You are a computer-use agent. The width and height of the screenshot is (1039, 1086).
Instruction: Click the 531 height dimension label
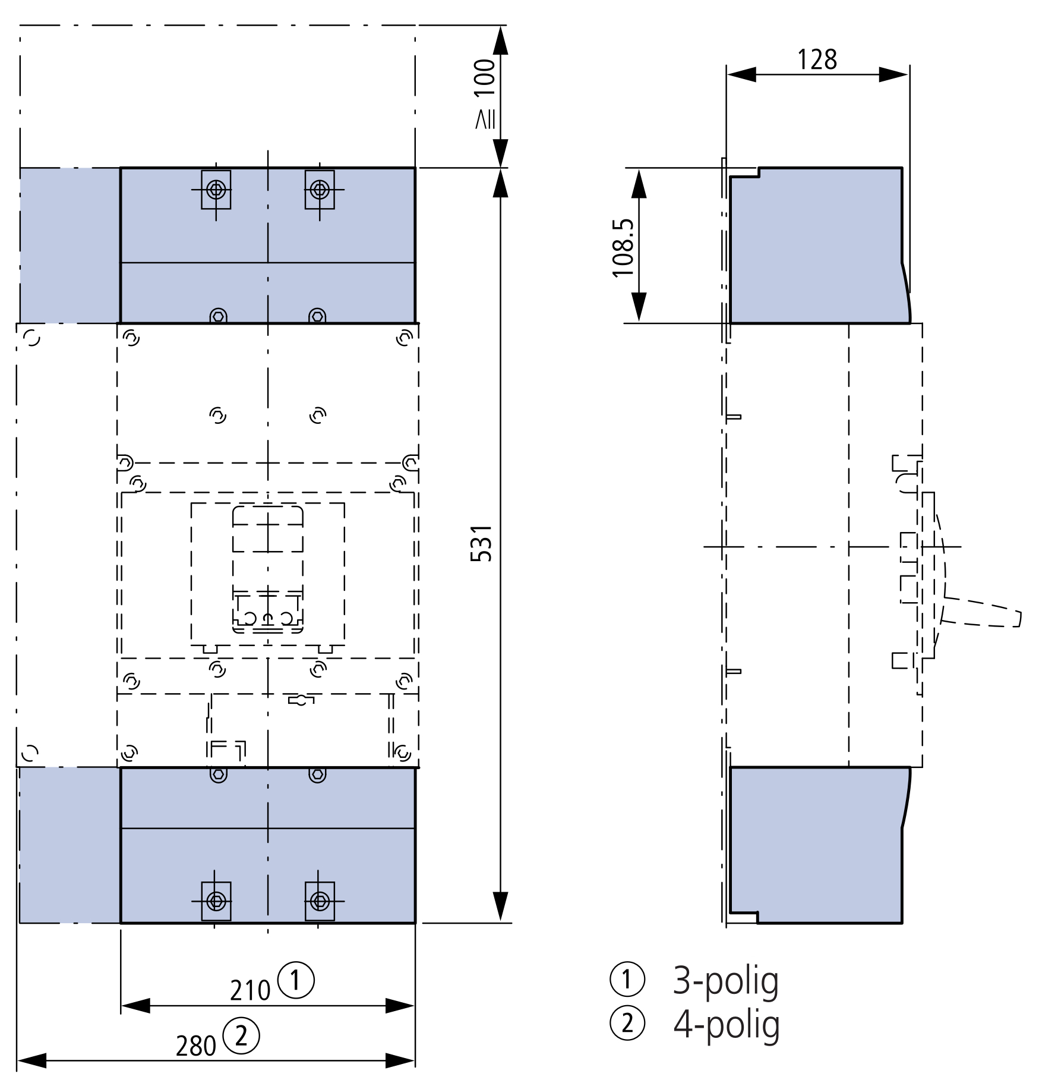[x=482, y=543]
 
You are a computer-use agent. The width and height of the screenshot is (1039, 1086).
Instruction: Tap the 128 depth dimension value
[x=817, y=59]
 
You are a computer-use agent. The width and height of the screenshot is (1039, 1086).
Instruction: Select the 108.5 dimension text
[x=623, y=248]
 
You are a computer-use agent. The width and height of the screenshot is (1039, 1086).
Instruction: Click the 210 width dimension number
[x=250, y=990]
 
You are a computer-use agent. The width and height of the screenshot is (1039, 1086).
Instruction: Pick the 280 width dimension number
[x=196, y=1046]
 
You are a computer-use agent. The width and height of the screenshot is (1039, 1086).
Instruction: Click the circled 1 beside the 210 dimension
[x=296, y=980]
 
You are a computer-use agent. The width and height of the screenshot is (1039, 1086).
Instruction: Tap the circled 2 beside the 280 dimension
[x=241, y=1036]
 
